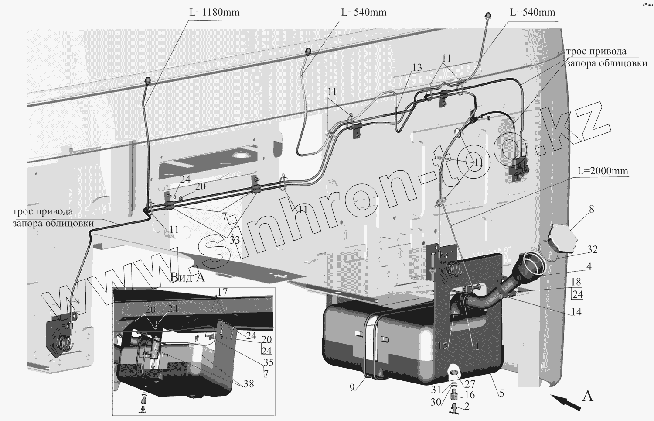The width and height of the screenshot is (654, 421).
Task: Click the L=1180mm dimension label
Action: pyautogui.click(x=215, y=12)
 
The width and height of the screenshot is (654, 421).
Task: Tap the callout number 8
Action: pyautogui.click(x=591, y=209)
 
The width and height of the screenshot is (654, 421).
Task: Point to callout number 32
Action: pyautogui.click(x=593, y=249)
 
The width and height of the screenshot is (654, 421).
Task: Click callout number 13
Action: pyautogui.click(x=417, y=67)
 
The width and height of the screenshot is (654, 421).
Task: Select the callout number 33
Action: pyautogui.click(x=235, y=240)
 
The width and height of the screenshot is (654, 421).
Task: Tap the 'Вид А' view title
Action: pyautogui.click(x=187, y=277)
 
